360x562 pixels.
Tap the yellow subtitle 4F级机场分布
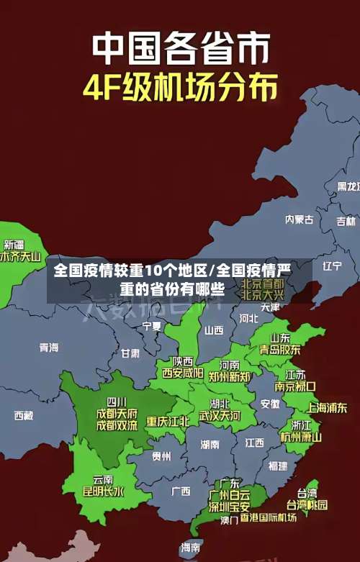[180, 89]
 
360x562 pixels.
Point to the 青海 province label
[49, 348]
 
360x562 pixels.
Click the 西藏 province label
[24, 415]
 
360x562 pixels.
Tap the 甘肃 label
[130, 353]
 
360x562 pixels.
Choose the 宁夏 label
[152, 326]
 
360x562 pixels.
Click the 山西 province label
[214, 330]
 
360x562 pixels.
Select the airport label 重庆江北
[168, 421]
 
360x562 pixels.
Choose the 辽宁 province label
[332, 266]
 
